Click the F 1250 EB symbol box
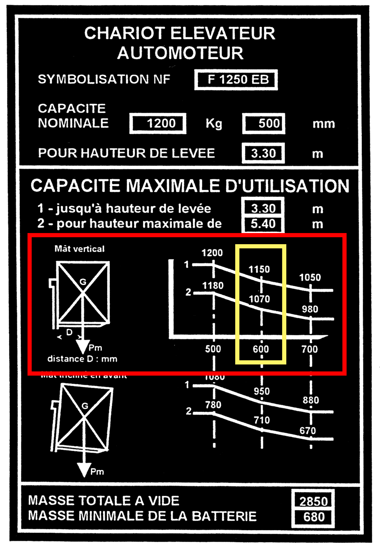(236, 80)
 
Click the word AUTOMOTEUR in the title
(180, 53)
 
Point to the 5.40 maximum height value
(263, 224)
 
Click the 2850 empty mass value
(313, 501)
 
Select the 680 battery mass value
(313, 517)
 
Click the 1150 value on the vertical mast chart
(259, 269)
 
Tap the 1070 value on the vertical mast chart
(259, 299)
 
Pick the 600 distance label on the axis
(261, 349)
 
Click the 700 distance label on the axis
(310, 349)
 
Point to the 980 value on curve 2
(310, 309)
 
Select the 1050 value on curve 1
(310, 278)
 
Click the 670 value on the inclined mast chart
(308, 431)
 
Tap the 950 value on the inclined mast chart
(262, 391)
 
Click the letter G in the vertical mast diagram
(83, 282)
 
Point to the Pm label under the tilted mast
(97, 472)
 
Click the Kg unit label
(214, 124)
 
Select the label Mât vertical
(80, 249)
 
